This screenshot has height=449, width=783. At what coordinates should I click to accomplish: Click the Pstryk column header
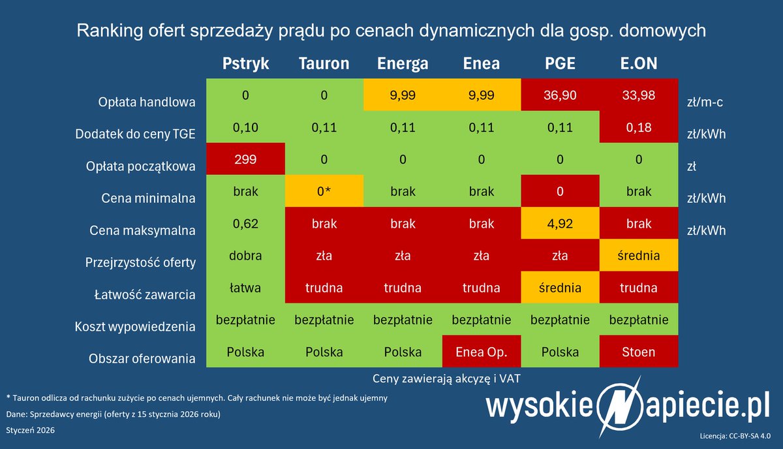pyautogui.click(x=245, y=63)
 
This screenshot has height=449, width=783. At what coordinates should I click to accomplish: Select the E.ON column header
pyautogui.click(x=638, y=63)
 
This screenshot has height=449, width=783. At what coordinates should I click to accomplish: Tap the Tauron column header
pyautogui.click(x=324, y=63)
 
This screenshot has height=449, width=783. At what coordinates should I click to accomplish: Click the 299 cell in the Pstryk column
pyautogui.click(x=245, y=159)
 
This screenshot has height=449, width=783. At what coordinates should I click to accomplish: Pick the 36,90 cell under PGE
pyautogui.click(x=560, y=95)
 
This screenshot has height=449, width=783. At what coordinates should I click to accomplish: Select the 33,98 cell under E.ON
pyautogui.click(x=638, y=95)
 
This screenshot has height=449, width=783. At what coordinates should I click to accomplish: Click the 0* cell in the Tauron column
pyautogui.click(x=324, y=191)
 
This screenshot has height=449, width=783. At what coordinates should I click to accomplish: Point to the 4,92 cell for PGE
pyautogui.click(x=560, y=223)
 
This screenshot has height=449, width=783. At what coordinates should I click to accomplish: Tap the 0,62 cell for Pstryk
pyautogui.click(x=245, y=223)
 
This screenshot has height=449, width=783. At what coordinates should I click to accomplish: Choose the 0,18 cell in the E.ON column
pyautogui.click(x=638, y=127)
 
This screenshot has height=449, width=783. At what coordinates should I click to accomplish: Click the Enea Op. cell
pyautogui.click(x=482, y=352)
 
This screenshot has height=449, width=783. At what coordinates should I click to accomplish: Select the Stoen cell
pyautogui.click(x=638, y=352)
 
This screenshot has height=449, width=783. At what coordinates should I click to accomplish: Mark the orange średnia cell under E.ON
pyautogui.click(x=638, y=255)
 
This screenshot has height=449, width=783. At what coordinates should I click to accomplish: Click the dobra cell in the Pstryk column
pyautogui.click(x=245, y=255)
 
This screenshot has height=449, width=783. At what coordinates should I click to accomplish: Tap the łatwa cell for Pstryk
pyautogui.click(x=245, y=287)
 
